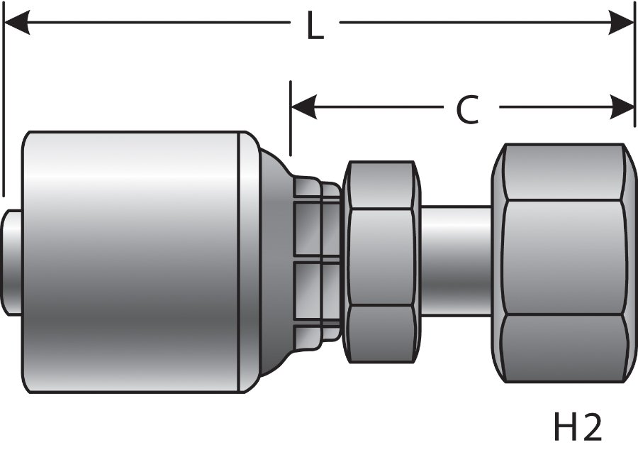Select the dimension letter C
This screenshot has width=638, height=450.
point(466,110)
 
